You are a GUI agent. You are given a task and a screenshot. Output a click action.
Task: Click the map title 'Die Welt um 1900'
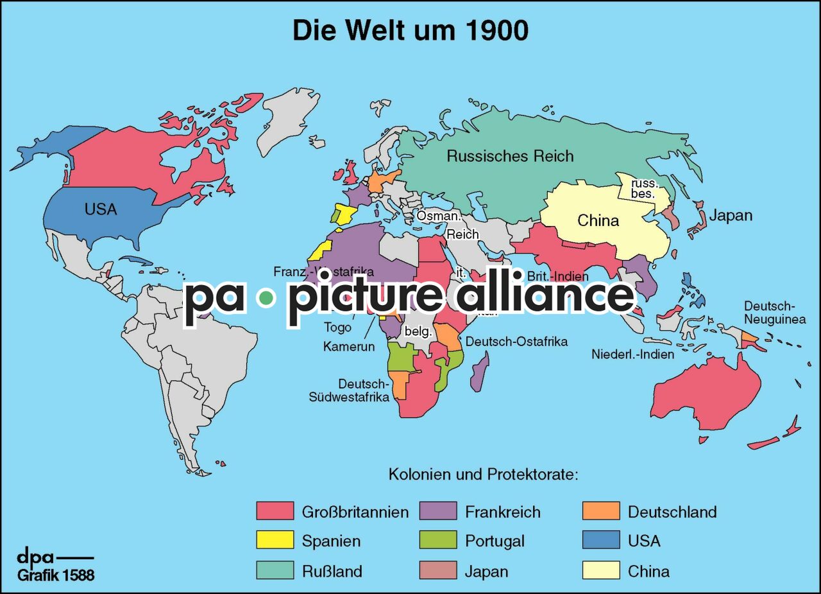410,30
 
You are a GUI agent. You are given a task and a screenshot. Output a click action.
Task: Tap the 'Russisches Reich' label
510,156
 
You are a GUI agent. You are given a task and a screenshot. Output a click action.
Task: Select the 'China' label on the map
598,221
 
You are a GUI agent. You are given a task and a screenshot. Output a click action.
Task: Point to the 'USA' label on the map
101,209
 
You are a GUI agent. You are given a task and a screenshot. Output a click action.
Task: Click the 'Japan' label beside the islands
731,215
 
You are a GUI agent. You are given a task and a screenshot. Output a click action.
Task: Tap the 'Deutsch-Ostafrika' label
516,342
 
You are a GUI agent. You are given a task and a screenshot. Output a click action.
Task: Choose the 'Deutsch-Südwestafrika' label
349,390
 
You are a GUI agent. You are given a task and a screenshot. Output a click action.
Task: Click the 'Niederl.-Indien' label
632,354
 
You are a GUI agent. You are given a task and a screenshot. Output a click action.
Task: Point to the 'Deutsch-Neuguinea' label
775,312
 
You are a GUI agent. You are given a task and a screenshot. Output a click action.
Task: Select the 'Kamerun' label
349,347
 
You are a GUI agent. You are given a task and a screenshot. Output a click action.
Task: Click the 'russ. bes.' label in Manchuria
643,188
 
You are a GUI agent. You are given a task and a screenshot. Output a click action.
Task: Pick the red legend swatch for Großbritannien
275,511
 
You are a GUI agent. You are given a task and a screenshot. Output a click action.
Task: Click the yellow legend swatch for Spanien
275,540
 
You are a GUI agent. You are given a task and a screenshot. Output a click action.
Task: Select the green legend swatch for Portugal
438,540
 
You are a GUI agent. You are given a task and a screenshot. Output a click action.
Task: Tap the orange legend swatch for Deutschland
601,511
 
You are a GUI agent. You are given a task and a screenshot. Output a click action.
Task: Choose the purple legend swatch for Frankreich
438,511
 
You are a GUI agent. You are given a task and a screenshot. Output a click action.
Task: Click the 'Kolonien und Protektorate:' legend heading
484,476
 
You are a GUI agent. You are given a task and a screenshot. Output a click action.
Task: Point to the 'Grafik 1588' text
56,575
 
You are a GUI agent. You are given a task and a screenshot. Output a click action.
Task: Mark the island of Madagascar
480,371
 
